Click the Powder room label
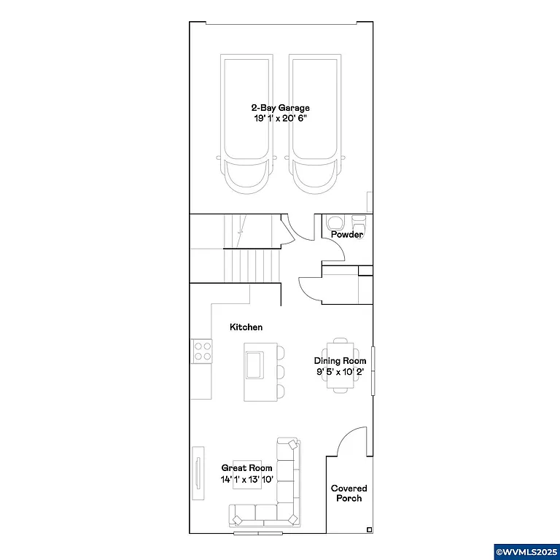(x=347, y=235)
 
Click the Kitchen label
(x=246, y=327)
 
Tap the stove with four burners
(x=202, y=351)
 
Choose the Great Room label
(x=247, y=468)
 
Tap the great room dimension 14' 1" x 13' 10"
(x=247, y=479)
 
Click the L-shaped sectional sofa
(x=284, y=496)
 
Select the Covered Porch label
(x=349, y=493)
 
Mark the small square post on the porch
(x=369, y=529)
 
